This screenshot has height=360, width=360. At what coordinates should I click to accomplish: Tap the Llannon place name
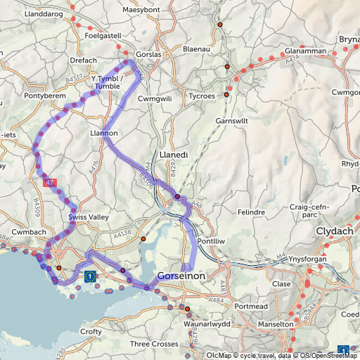(x=104, y=133)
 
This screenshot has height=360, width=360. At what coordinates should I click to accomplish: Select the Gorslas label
(x=148, y=54)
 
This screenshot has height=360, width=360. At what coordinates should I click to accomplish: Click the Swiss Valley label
(x=89, y=218)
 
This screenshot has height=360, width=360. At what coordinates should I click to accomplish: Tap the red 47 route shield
(x=49, y=183)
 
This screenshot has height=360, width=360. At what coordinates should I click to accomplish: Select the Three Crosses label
(x=155, y=344)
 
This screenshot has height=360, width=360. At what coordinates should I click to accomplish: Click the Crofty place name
(x=91, y=331)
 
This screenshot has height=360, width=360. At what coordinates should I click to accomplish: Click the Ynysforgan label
(x=309, y=260)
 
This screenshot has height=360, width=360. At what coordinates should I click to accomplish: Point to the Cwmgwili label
(x=155, y=99)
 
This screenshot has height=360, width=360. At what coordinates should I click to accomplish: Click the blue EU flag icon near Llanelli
(x=90, y=276)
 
